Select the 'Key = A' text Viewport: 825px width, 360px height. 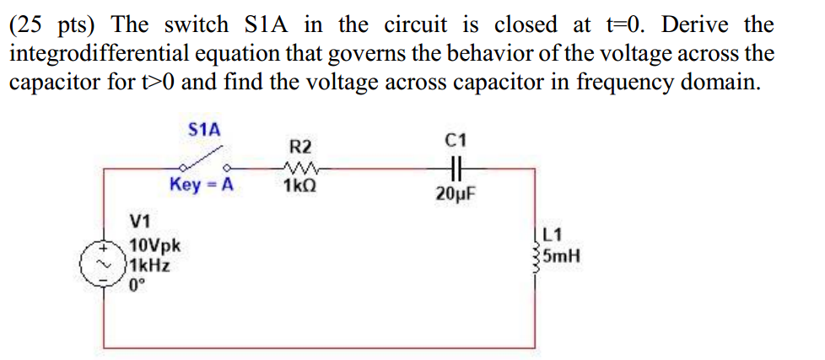[201, 185]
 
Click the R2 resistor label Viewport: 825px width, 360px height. [301, 147]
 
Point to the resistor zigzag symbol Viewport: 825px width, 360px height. [301, 167]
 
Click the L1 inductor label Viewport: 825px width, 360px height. [555, 238]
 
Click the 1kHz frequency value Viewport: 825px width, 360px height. [150, 265]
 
